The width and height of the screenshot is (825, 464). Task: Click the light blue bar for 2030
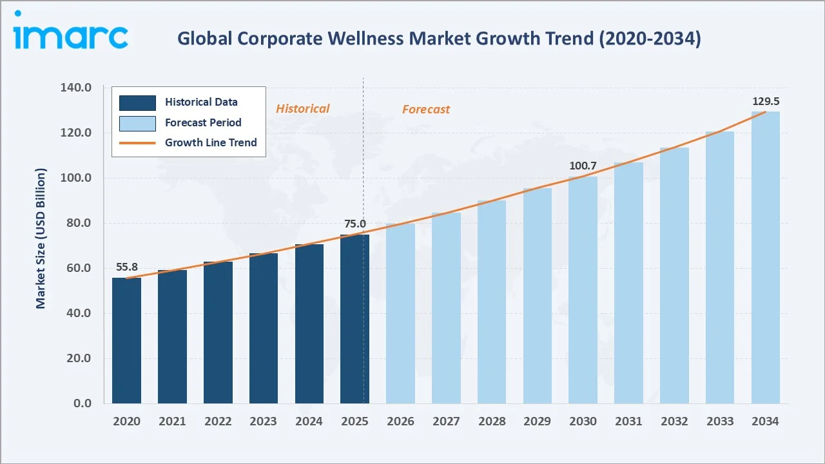(x=583, y=290)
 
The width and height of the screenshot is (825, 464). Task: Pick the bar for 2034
(x=766, y=258)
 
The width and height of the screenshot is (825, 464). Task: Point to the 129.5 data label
(x=766, y=101)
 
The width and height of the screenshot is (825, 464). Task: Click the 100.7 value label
(x=583, y=166)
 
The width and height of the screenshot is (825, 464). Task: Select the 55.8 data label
(x=126, y=267)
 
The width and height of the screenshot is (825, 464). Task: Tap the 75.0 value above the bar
(x=354, y=224)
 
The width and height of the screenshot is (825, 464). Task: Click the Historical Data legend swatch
(x=137, y=102)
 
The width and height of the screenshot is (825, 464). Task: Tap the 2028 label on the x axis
(x=491, y=421)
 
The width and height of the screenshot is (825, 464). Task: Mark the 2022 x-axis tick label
(x=218, y=421)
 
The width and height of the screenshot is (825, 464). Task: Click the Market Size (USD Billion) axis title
(x=41, y=238)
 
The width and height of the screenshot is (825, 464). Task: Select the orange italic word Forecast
(x=425, y=110)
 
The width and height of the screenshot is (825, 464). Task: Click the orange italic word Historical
(x=302, y=109)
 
